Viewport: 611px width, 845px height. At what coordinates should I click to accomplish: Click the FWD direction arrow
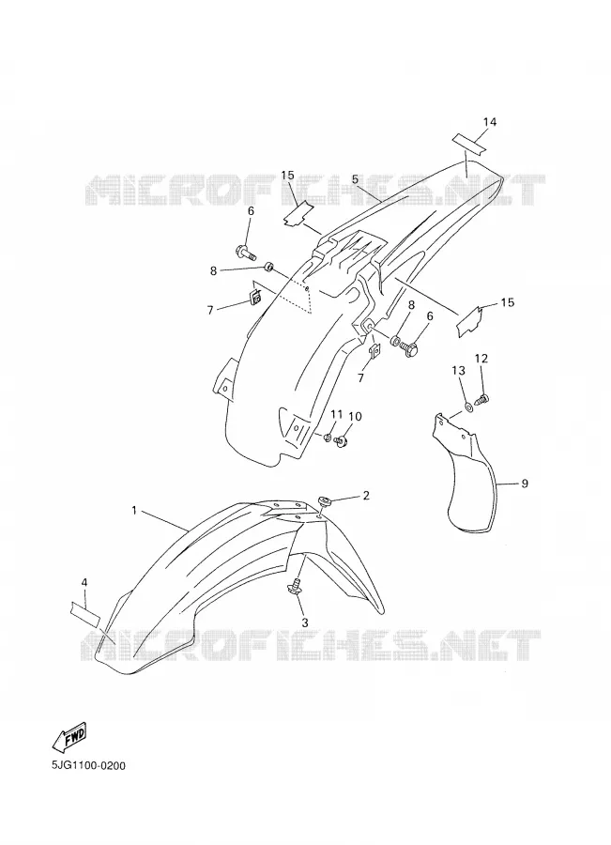click(x=69, y=738)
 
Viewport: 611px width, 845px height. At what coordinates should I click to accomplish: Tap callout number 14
click(x=489, y=122)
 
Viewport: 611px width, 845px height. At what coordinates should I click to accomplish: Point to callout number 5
click(x=355, y=179)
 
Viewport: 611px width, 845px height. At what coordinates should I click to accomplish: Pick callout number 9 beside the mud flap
click(x=525, y=484)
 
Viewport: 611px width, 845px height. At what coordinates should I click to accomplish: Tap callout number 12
click(x=481, y=359)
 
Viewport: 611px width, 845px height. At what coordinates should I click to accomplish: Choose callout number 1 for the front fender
click(x=134, y=509)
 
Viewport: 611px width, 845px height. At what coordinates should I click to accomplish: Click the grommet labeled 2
click(x=325, y=500)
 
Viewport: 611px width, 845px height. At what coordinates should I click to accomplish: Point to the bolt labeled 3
click(x=297, y=586)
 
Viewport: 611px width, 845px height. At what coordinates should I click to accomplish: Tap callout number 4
click(x=84, y=582)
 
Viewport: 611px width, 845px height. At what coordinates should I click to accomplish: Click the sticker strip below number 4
click(x=84, y=613)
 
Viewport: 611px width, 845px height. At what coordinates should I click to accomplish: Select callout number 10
click(x=355, y=417)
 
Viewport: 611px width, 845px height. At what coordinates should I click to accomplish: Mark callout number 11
click(x=336, y=414)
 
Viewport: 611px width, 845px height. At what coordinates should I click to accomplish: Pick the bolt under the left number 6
click(x=246, y=251)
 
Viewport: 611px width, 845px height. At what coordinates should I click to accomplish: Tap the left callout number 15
click(x=288, y=176)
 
